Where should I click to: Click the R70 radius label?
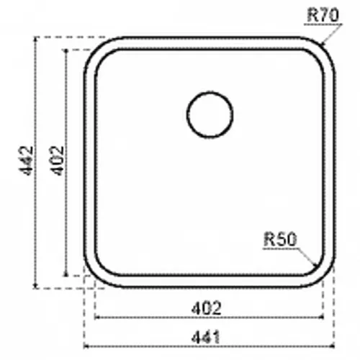coord(323,15)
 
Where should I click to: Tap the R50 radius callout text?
coord(280,239)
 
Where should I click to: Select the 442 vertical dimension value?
coord(26,161)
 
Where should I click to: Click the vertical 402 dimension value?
coord(58,161)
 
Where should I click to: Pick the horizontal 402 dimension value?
coord(206,308)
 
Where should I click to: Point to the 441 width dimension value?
coord(205,337)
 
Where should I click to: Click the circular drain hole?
coord(210,114)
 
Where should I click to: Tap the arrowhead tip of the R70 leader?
coord(322,45)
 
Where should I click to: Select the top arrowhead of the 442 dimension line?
coord(35,37)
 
